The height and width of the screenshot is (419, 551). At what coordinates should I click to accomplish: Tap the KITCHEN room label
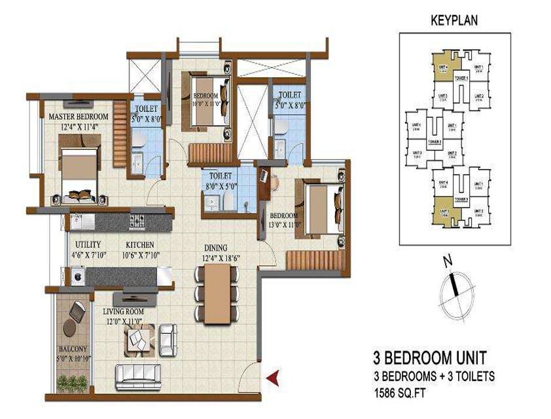click(140, 244)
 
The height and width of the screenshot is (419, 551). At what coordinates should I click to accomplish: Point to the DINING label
click(215, 248)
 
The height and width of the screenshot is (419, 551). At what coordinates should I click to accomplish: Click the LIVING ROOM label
click(126, 312)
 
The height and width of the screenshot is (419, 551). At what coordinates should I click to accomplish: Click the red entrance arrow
click(273, 376)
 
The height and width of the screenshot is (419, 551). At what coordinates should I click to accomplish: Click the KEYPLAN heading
click(453, 20)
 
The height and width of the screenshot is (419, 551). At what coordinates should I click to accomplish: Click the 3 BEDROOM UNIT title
click(429, 358)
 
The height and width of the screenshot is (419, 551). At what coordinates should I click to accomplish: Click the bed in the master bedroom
click(79, 171)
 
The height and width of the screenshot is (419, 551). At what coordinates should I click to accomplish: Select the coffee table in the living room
click(141, 339)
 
